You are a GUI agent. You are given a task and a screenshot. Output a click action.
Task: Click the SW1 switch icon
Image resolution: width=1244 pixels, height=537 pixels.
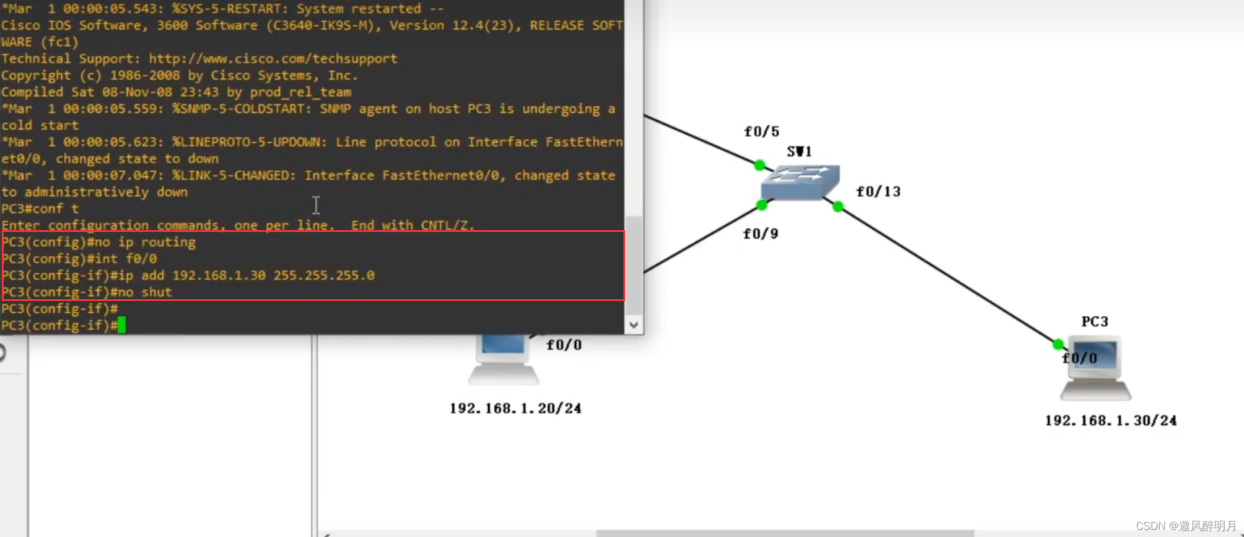(800, 182)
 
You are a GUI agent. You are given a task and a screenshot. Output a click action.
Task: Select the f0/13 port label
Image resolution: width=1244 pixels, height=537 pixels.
(878, 191)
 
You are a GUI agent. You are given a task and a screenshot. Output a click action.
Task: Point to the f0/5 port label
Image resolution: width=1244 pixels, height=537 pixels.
(762, 131)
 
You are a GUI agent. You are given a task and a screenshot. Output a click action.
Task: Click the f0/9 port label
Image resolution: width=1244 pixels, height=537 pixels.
(760, 234)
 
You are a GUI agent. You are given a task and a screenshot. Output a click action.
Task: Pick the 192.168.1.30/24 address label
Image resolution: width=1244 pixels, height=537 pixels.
(1111, 421)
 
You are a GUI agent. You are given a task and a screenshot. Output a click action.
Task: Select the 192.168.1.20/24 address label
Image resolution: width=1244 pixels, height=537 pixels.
(516, 408)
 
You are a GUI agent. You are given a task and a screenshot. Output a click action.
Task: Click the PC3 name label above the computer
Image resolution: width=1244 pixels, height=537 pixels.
(1095, 322)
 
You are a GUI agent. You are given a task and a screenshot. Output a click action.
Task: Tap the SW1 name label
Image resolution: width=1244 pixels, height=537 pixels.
(799, 152)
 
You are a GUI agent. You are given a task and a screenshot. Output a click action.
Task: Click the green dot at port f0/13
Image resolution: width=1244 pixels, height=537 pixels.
(838, 207)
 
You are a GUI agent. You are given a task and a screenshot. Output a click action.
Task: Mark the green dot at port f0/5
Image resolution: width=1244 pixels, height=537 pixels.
(760, 165)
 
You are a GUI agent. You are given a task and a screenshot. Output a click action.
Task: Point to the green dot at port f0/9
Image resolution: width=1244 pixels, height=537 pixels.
(762, 205)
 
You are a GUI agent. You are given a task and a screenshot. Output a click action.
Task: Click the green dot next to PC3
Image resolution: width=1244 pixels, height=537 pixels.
(1058, 344)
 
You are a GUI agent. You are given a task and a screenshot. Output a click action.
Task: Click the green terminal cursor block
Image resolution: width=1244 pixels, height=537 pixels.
(122, 325)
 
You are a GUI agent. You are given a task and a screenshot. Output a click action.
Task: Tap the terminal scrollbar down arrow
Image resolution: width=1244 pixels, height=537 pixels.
(634, 325)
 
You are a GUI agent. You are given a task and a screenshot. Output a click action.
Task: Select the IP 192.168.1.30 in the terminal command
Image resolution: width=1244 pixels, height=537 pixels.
(219, 276)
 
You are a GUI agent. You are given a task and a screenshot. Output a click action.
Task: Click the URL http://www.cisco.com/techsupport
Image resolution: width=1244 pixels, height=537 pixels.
(273, 59)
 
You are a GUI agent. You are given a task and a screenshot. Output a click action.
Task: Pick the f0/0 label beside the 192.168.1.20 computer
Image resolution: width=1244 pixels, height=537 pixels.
(564, 345)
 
